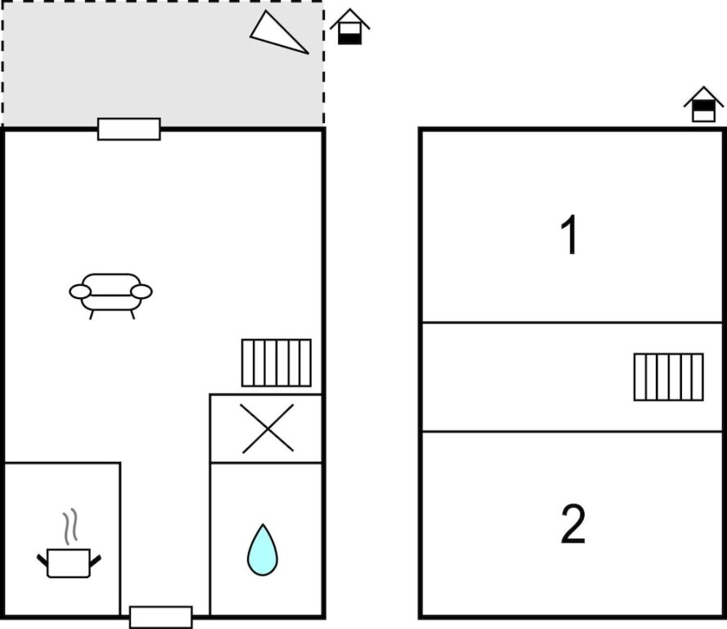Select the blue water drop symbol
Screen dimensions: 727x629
[x=263, y=550]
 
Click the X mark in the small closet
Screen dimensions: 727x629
[x=268, y=428]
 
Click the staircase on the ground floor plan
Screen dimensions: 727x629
[x=277, y=363]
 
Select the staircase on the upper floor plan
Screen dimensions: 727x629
[x=669, y=377]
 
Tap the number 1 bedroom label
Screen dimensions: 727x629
[x=569, y=235]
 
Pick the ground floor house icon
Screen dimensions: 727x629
[x=350, y=27]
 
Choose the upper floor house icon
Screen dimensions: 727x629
[x=704, y=104]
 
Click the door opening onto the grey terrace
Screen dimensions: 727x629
[x=129, y=129]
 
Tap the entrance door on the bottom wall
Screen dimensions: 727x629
[x=161, y=617]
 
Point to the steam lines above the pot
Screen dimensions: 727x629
[x=70, y=527]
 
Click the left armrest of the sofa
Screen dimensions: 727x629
[x=80, y=292]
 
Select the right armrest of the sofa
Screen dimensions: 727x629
[x=142, y=292]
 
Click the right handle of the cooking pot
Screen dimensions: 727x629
[x=95, y=561]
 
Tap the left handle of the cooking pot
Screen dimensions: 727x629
[x=43, y=561]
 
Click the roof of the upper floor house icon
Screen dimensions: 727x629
[x=704, y=96]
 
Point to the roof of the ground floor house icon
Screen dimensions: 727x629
[x=350, y=18]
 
